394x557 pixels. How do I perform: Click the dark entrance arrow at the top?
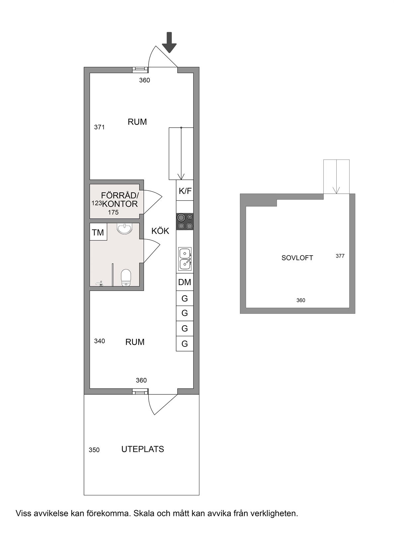point(169,42)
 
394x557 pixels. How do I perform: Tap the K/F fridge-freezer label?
point(185,191)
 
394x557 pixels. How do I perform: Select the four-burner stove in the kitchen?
point(185,221)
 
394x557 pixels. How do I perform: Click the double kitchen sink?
point(185,259)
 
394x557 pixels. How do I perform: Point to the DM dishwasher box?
point(185,282)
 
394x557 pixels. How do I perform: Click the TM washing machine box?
point(98,232)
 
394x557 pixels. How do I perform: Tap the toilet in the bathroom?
point(126,278)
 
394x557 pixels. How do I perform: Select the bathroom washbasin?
point(125,228)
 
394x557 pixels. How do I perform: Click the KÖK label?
point(160,231)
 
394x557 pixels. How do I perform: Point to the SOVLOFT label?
point(297,258)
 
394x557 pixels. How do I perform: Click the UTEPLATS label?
point(143,449)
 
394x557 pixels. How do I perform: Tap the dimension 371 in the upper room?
point(99,127)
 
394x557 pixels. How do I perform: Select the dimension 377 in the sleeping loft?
point(340,256)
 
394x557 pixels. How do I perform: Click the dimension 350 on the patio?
point(94,450)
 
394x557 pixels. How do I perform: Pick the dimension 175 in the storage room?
point(113,212)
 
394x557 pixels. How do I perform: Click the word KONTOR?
point(120,204)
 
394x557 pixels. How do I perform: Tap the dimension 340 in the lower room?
point(99,341)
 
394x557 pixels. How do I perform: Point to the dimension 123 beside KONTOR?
point(97,203)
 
